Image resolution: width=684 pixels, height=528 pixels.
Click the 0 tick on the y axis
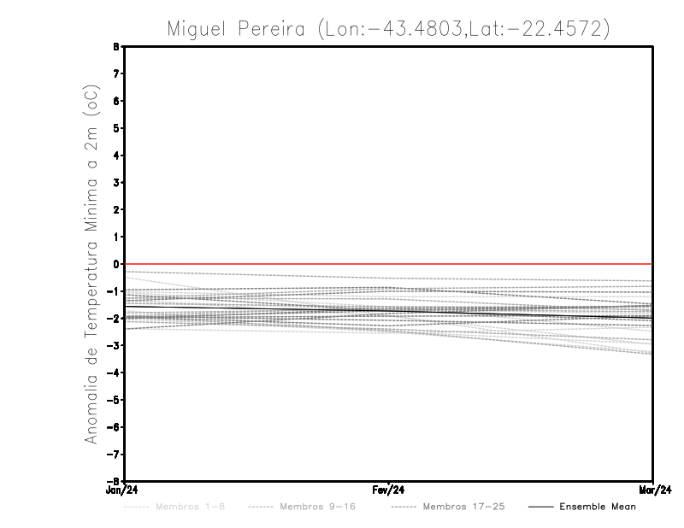(x=116, y=264)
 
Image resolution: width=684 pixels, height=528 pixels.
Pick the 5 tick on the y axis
(x=116, y=128)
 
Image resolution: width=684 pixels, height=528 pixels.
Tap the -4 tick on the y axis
(x=115, y=373)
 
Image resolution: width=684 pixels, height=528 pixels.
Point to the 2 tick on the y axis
(x=116, y=209)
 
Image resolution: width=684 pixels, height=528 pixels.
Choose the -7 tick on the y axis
(x=115, y=454)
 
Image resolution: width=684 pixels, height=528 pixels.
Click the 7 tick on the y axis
(x=116, y=73)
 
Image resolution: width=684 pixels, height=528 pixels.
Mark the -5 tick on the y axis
(x=115, y=400)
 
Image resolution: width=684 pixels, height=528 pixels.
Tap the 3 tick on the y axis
(x=116, y=182)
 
